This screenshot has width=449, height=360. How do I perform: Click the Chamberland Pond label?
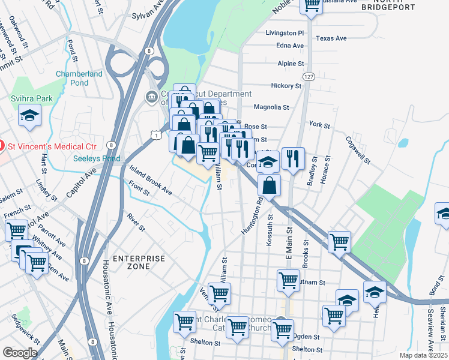point(79,79)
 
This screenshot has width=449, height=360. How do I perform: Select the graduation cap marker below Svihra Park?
point(29,116)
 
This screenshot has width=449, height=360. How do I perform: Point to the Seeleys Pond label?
point(96,158)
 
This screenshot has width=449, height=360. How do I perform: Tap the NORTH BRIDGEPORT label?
point(396,7)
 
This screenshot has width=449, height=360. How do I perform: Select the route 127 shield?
point(309,77)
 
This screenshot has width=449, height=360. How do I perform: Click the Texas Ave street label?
point(331,38)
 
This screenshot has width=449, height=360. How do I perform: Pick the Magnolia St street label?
point(271,107)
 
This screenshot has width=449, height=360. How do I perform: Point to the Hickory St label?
point(286,86)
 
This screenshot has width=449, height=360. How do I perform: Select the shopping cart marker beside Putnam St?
point(288,280)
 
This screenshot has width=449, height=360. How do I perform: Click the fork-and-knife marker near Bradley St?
point(292,158)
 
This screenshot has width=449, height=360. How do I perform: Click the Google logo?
point(20,353)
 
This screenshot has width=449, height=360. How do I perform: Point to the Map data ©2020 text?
point(423,355)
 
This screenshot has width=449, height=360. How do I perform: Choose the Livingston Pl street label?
point(285,32)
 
